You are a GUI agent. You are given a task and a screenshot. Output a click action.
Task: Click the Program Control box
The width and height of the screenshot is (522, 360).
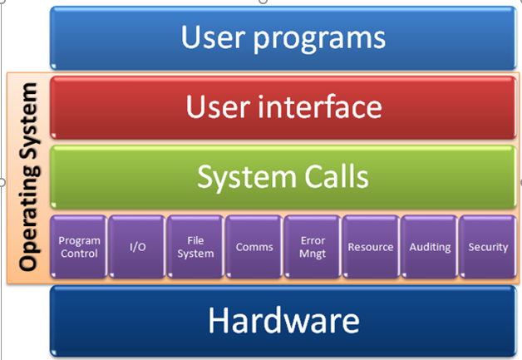click(79, 247)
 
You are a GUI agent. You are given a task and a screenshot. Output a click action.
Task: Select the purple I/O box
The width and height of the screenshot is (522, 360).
click(137, 247)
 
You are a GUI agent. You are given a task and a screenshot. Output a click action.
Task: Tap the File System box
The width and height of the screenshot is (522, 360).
click(195, 247)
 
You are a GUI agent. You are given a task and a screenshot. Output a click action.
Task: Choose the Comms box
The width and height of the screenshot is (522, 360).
click(254, 247)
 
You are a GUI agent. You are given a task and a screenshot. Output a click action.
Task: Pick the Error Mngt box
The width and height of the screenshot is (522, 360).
click(313, 247)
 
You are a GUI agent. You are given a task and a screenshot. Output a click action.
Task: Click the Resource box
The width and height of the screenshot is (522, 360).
click(371, 247)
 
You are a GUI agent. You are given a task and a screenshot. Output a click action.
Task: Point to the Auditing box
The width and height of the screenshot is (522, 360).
click(430, 247)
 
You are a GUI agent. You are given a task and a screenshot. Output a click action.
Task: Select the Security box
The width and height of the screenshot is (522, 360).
click(488, 247)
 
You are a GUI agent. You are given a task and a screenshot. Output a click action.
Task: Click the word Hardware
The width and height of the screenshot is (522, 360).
click(284, 320)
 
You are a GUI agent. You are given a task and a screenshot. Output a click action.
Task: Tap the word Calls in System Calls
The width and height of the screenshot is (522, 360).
click(337, 176)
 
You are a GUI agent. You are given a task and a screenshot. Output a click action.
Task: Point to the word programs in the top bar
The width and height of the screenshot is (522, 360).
click(319, 39)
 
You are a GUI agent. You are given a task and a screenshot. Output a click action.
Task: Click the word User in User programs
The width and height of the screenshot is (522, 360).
click(214, 37)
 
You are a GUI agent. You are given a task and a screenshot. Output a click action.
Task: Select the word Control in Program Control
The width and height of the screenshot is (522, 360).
click(79, 254)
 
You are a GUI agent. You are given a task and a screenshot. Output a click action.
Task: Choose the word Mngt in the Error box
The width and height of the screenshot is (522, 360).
click(313, 254)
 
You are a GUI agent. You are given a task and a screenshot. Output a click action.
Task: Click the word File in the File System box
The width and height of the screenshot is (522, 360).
click(195, 240)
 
